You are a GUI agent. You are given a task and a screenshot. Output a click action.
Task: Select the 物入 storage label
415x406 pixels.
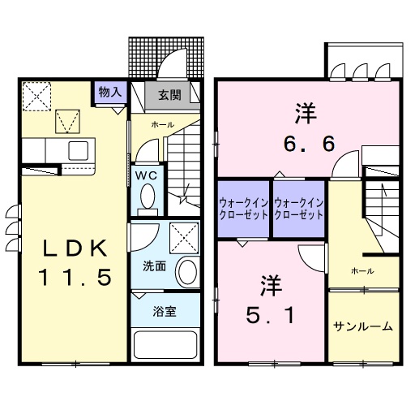coord(109,92)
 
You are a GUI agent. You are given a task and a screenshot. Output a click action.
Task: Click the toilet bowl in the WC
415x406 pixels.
coord(148,196)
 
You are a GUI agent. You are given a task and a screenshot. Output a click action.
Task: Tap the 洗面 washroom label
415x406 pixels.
coord(155,265)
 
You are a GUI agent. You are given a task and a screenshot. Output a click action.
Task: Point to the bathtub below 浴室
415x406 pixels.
coord(165,345)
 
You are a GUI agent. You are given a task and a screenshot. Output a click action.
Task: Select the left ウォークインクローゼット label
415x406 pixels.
coord(243,209)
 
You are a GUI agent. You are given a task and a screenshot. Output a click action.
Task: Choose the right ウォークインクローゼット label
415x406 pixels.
coord(298,209)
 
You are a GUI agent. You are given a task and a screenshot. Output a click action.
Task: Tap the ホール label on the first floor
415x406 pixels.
coord(161,124)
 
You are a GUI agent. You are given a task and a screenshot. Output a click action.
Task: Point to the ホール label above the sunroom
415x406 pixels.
coord(362,270)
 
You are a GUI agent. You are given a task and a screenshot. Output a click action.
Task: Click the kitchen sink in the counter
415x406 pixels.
coord(79,150)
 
